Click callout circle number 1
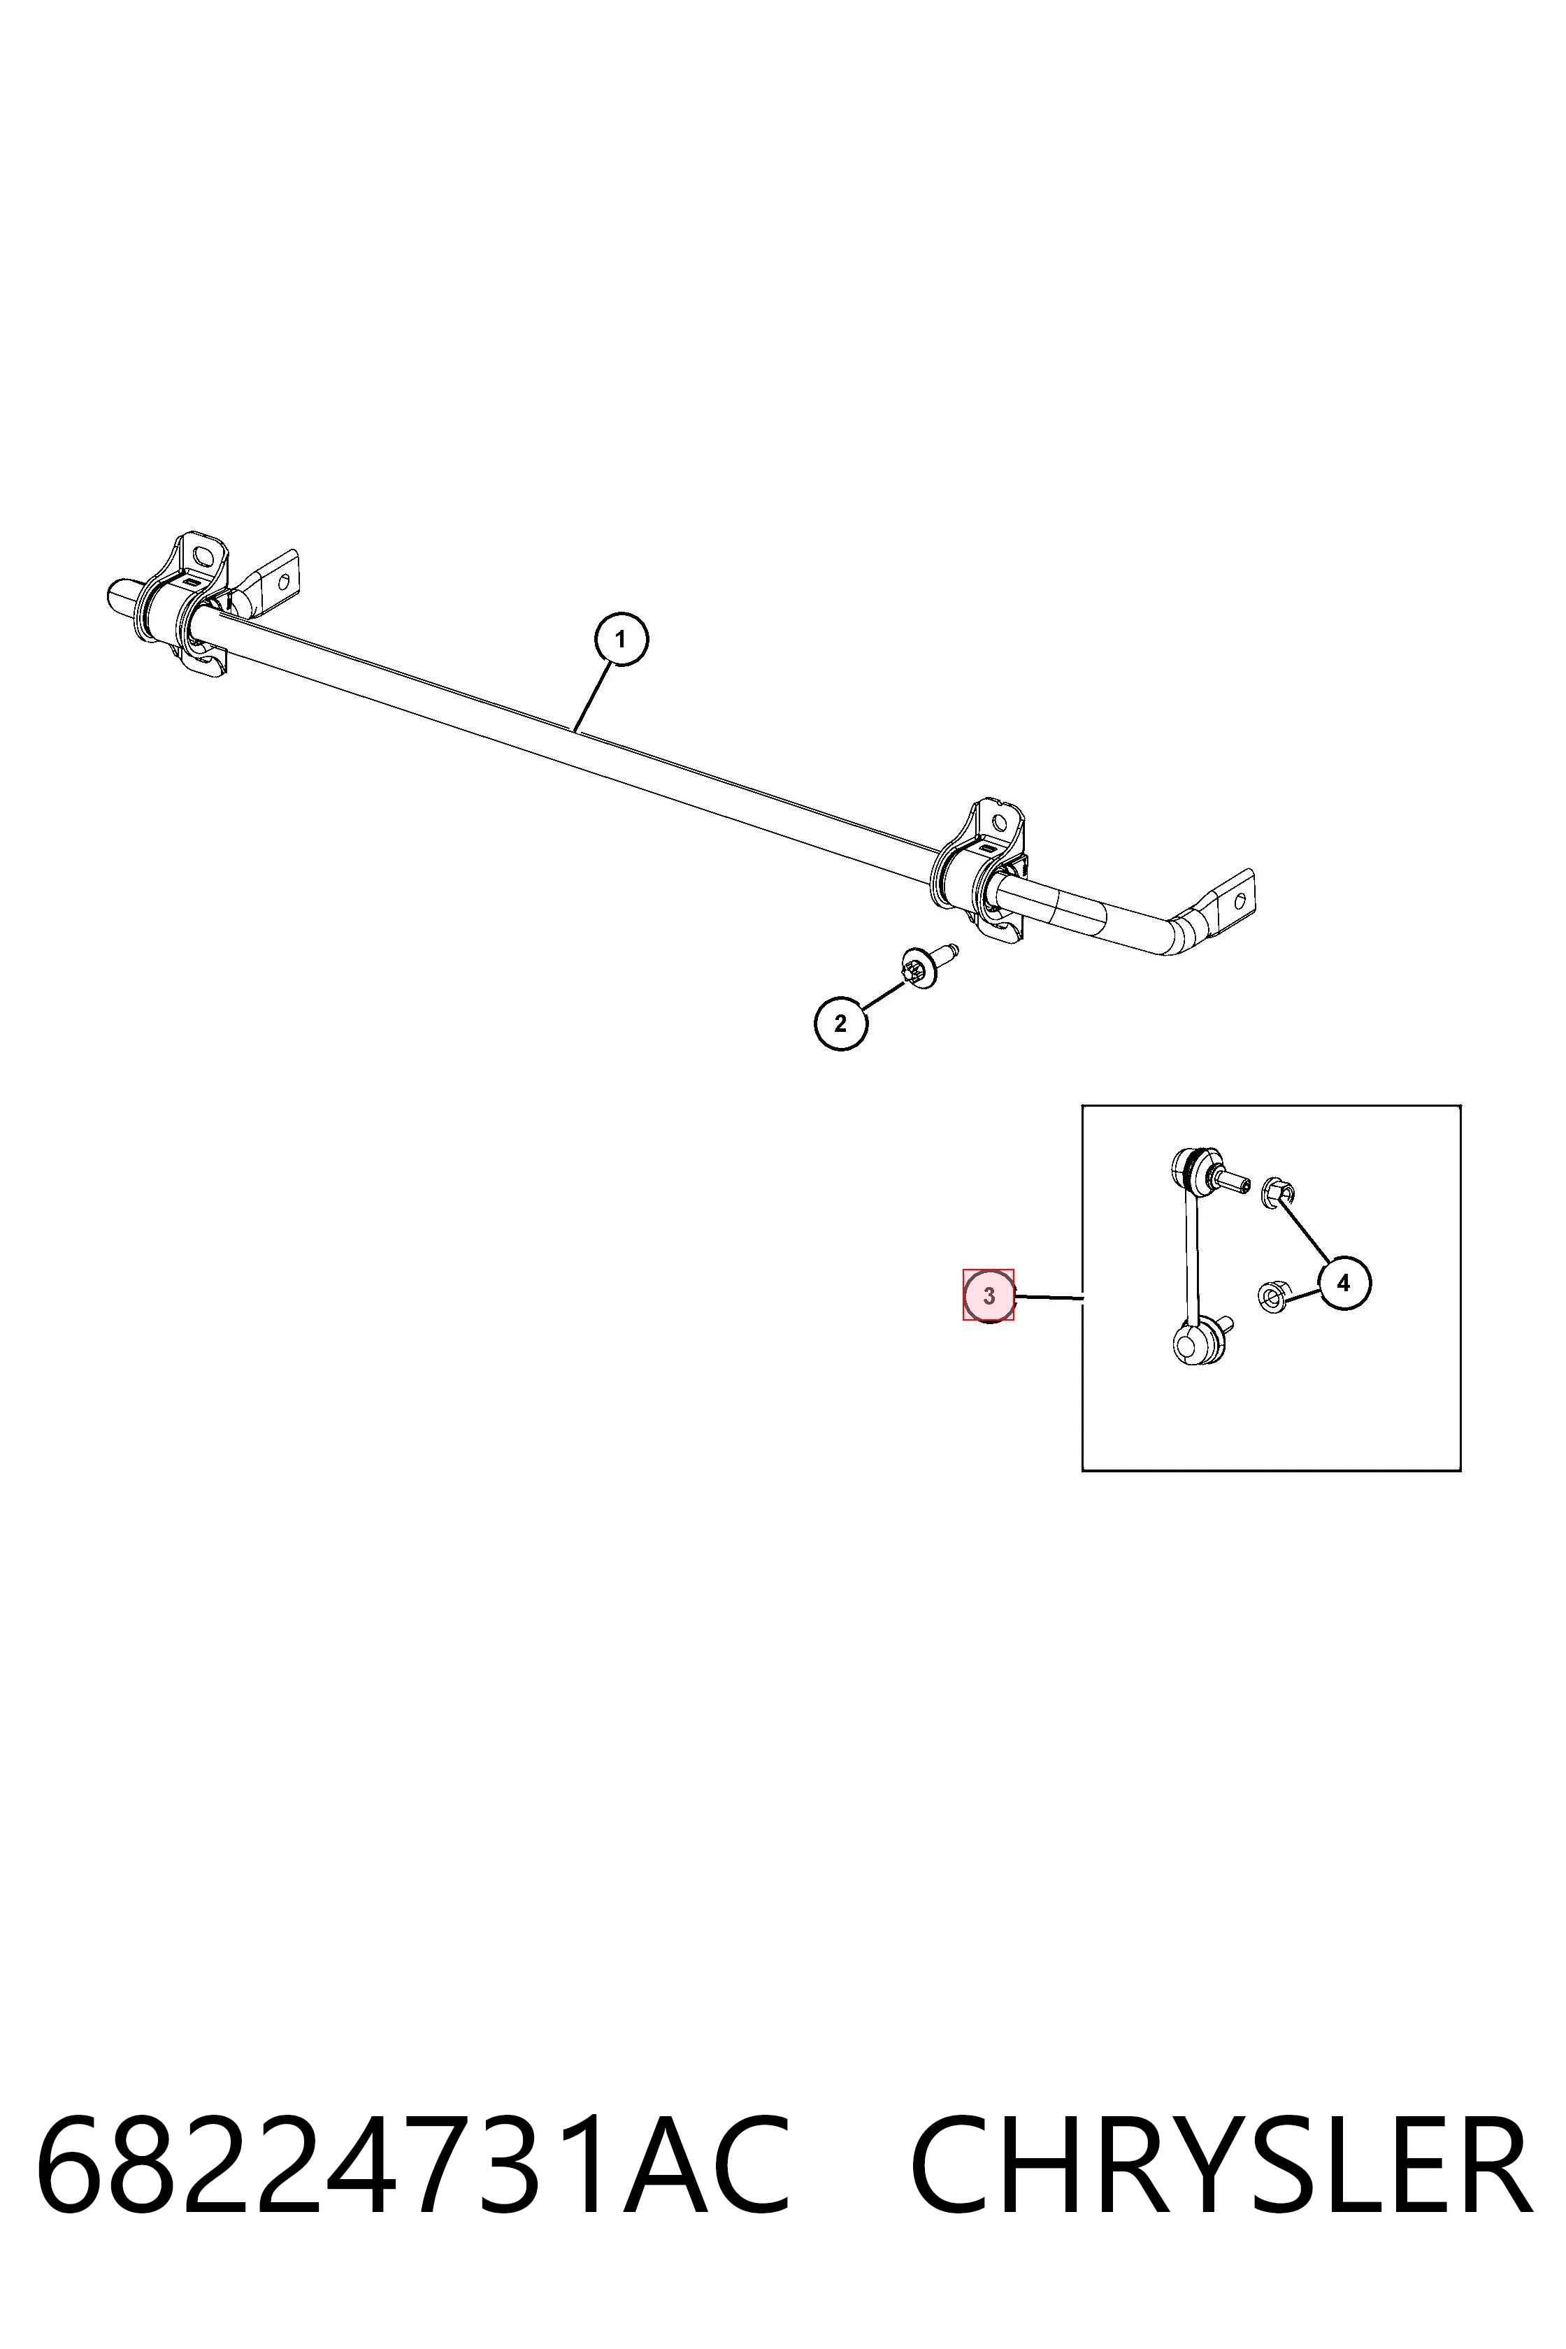click(x=622, y=639)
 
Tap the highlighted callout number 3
click(x=989, y=1296)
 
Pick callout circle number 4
click(x=1343, y=1282)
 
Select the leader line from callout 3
click(x=1049, y=1298)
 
